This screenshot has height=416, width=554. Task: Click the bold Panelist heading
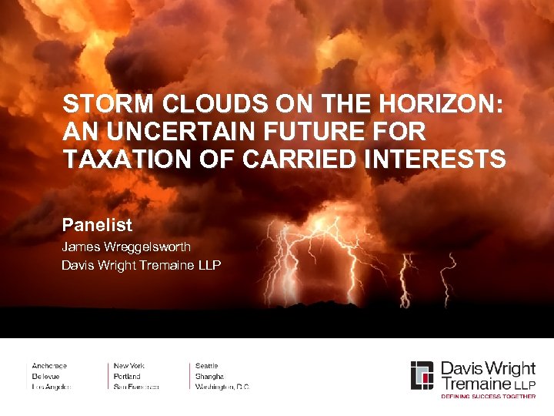pyautogui.click(x=97, y=226)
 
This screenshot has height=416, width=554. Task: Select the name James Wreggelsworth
pyautogui.click(x=126, y=247)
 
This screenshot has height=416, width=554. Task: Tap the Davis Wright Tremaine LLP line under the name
pyautogui.click(x=141, y=266)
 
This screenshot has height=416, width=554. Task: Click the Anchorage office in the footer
pyautogui.click(x=49, y=366)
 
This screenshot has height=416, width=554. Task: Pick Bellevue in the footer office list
pyautogui.click(x=47, y=376)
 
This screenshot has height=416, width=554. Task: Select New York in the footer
pyautogui.click(x=129, y=366)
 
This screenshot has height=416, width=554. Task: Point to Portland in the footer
pyautogui.click(x=127, y=376)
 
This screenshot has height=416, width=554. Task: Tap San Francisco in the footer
pyautogui.click(x=136, y=386)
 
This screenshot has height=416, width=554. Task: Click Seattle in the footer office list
pyautogui.click(x=207, y=366)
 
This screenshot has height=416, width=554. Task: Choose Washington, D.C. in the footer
pyautogui.click(x=222, y=386)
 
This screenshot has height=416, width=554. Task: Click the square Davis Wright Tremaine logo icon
pyautogui.click(x=422, y=374)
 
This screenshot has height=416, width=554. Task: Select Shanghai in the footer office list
pyautogui.click(x=210, y=376)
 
